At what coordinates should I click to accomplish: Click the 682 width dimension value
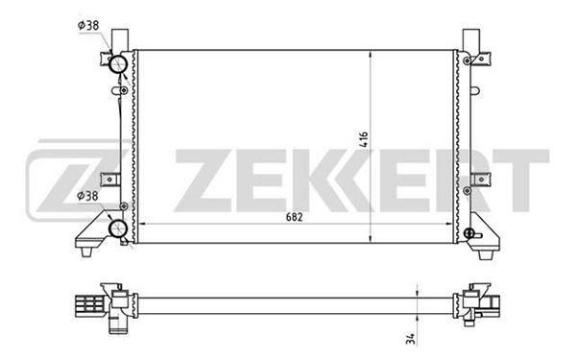[295, 217]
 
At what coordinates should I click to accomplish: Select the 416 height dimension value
[363, 139]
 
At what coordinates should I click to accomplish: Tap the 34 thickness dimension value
[412, 339]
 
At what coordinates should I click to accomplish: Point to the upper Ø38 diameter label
[88, 25]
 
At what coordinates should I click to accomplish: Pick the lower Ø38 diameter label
[87, 196]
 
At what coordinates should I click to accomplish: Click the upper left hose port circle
[118, 65]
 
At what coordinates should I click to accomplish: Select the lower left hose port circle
[118, 228]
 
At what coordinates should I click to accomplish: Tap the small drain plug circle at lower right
[468, 233]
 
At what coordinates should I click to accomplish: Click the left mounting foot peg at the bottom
[86, 252]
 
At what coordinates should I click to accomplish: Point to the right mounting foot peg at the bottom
[485, 255]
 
